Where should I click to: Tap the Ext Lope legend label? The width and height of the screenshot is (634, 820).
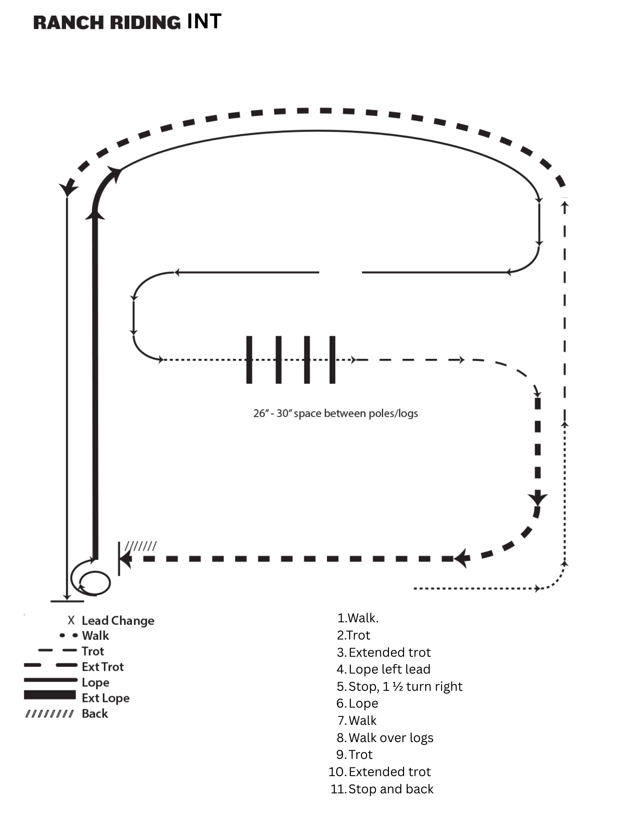click(x=105, y=698)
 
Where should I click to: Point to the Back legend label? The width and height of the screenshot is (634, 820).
click(x=95, y=713)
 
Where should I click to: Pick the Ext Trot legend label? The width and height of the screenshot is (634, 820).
click(x=103, y=667)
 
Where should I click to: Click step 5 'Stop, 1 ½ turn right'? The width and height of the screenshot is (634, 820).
click(x=405, y=686)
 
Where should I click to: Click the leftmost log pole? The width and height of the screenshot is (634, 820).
click(x=249, y=360)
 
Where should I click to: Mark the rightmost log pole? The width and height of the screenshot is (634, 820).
click(x=332, y=360)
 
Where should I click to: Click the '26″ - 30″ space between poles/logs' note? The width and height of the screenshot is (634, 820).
click(x=335, y=413)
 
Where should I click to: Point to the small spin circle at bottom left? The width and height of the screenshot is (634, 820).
click(x=95, y=582)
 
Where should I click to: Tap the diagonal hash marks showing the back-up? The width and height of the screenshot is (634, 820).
click(x=140, y=546)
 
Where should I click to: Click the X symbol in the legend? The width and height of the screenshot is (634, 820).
click(x=71, y=620)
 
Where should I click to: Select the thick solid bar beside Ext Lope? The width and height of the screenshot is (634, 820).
click(x=50, y=695)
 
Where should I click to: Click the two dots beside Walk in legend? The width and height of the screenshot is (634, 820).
click(x=69, y=635)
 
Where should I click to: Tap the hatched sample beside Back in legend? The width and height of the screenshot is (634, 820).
click(x=50, y=714)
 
